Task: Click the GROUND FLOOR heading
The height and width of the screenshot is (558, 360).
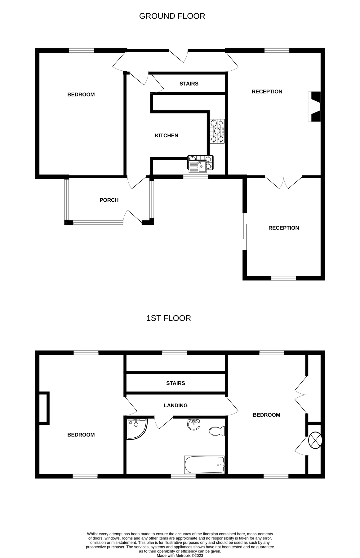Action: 172,16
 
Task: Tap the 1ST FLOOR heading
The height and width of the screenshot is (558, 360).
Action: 168,318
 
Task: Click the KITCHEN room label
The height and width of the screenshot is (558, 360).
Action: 167,135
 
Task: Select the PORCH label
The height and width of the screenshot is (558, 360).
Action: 109,200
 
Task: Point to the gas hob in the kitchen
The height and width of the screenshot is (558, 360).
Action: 217,131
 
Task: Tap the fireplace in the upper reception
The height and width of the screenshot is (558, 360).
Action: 315,107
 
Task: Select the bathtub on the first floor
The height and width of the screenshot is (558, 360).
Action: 204,465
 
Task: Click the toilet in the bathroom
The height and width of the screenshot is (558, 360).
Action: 217,431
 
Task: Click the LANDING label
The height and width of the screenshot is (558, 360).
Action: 176,405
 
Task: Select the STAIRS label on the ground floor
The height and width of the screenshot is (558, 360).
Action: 189,84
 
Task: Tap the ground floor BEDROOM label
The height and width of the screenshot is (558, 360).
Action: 81,95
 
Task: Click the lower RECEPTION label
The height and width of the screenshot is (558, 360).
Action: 283,228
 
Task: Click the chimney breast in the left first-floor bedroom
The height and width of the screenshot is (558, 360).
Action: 44,408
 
